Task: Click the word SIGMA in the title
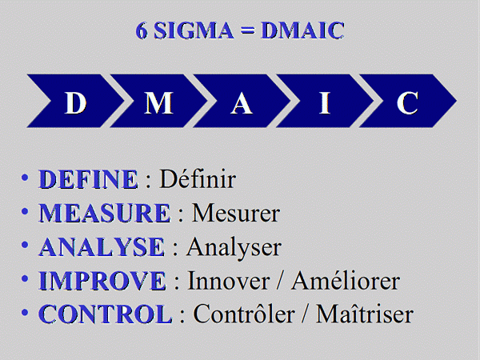(194, 30)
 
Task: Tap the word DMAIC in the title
(302, 30)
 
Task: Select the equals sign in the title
(247, 30)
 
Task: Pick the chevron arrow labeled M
(158, 101)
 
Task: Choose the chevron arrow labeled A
(242, 101)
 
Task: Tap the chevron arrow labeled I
(325, 101)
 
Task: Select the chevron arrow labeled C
(408, 101)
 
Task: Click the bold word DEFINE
(88, 179)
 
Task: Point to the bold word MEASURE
(104, 213)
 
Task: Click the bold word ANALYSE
(102, 246)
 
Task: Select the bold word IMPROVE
(102, 281)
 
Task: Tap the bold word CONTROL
(106, 314)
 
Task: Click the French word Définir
(198, 178)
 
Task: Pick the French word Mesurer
(236, 213)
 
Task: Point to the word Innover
(228, 281)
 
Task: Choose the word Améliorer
(346, 280)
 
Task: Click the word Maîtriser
(365, 314)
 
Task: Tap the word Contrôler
(244, 314)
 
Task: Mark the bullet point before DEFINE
(25, 178)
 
